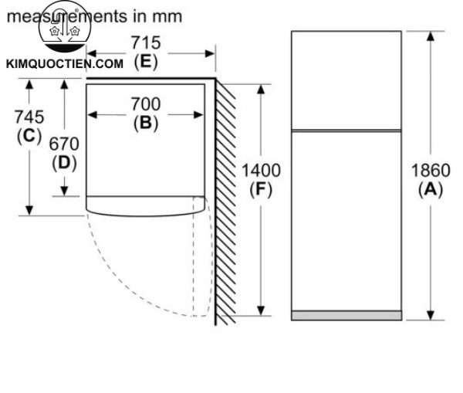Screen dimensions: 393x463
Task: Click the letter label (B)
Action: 145,122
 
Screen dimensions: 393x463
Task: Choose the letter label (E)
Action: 145,62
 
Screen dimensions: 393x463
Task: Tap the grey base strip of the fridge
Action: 346,315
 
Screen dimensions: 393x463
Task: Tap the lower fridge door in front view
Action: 346,220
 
